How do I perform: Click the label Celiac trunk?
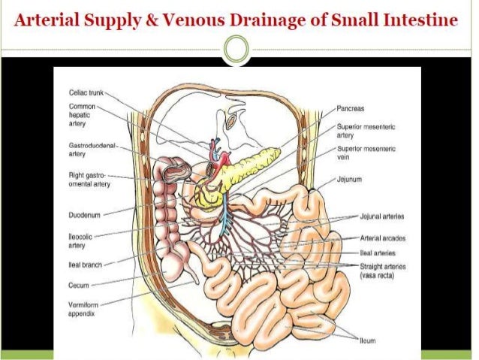(x=85, y=92)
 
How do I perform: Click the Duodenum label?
(x=83, y=213)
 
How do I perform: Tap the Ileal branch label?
(x=80, y=265)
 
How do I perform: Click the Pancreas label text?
(x=351, y=108)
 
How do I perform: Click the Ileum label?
(x=369, y=340)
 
